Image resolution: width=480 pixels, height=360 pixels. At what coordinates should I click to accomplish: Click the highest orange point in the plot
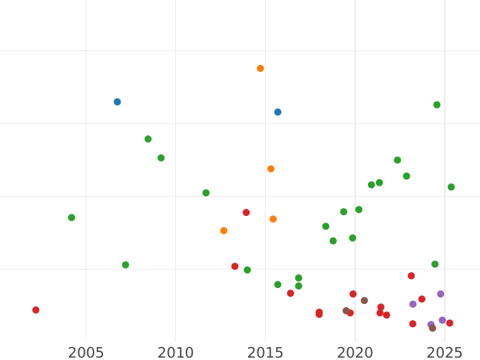coord(260,69)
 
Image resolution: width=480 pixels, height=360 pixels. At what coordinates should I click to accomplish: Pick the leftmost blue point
coord(117,102)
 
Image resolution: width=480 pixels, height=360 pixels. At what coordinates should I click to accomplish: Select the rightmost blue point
coord(278,112)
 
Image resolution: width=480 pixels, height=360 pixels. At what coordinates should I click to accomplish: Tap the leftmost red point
coord(35,310)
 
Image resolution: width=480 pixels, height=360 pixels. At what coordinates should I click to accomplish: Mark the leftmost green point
coord(71,218)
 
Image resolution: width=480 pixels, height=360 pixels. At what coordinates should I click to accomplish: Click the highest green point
coord(437,105)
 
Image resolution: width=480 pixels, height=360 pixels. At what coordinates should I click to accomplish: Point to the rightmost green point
coord(451,187)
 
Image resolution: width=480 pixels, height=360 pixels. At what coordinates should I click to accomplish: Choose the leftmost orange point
coord(223,230)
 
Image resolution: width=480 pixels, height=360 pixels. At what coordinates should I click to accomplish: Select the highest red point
coord(246,213)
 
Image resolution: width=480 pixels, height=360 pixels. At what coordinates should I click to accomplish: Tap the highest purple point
coord(440,294)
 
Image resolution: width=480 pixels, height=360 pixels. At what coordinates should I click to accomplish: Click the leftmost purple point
coord(413,304)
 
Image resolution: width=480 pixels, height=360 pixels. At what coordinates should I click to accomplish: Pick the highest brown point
coord(364,301)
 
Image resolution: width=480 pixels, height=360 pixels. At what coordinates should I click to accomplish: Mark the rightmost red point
coord(450,323)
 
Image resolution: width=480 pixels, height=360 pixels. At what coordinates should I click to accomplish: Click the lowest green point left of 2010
coord(126,265)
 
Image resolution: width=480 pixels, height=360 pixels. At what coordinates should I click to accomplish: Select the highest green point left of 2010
coord(148,139)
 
